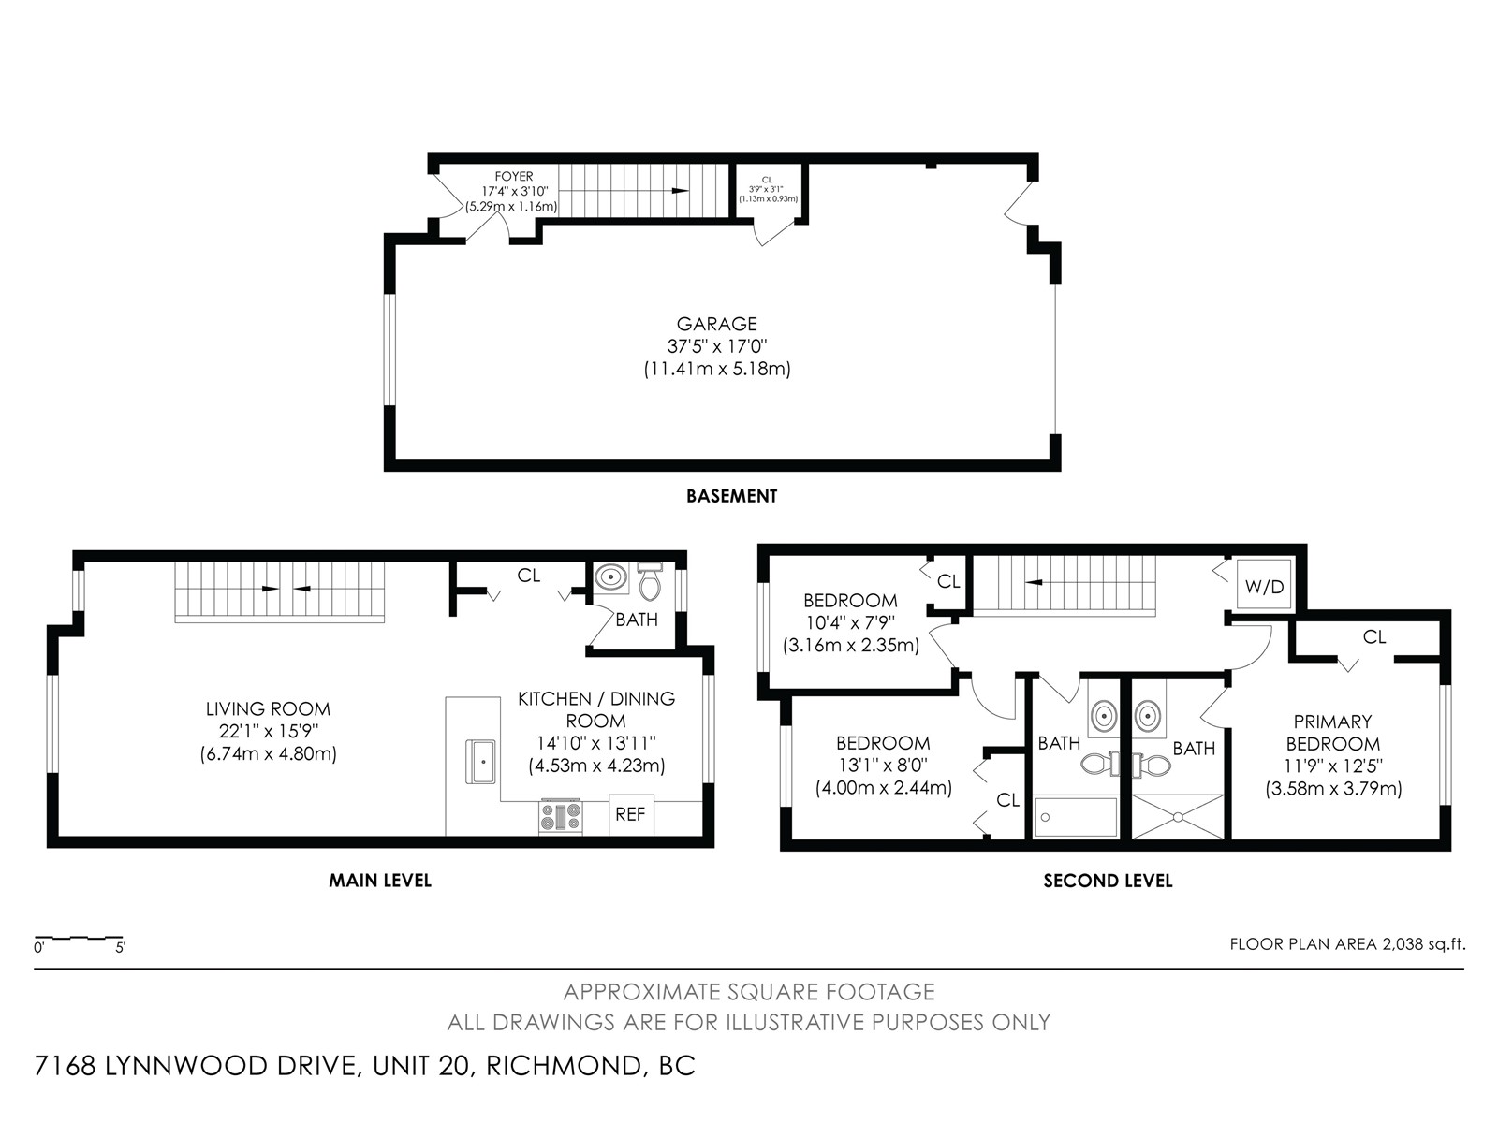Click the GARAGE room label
click(x=716, y=324)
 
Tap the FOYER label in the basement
click(x=514, y=177)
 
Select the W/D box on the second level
click(x=1264, y=584)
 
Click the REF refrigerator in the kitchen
click(x=631, y=815)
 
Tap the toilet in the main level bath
click(x=650, y=581)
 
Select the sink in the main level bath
click(x=610, y=577)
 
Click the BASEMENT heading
click(x=731, y=496)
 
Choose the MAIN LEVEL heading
click(x=380, y=881)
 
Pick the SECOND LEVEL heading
click(x=1108, y=881)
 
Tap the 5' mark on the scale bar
click(x=120, y=948)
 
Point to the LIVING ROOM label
click(x=268, y=709)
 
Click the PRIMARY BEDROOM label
click(x=1333, y=733)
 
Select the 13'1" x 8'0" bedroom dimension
click(x=883, y=766)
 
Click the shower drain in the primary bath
click(x=1177, y=816)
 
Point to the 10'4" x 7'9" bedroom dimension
click(x=850, y=622)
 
